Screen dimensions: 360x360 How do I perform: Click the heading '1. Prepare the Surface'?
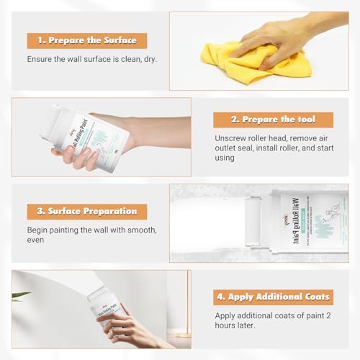click(86, 41)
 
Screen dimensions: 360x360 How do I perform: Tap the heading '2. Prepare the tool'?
click(273, 120)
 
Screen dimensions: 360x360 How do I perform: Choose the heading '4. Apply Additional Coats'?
click(273, 297)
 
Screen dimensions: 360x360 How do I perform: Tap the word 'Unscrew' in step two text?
click(232, 137)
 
